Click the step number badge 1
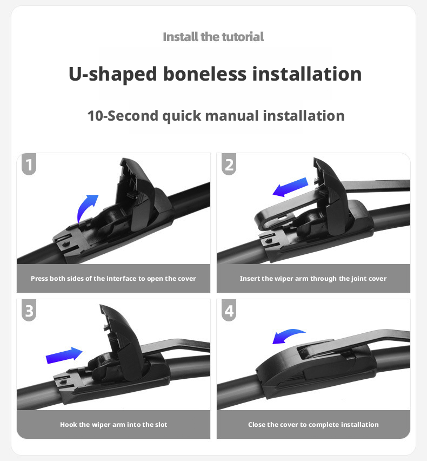click(29, 164)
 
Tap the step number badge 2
click(229, 164)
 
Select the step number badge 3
click(29, 310)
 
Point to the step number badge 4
click(229, 310)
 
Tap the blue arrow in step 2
click(290, 187)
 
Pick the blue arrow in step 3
click(64, 355)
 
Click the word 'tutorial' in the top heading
click(243, 37)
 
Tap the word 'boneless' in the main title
click(205, 74)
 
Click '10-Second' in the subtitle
click(123, 116)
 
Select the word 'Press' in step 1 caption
click(39, 279)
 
